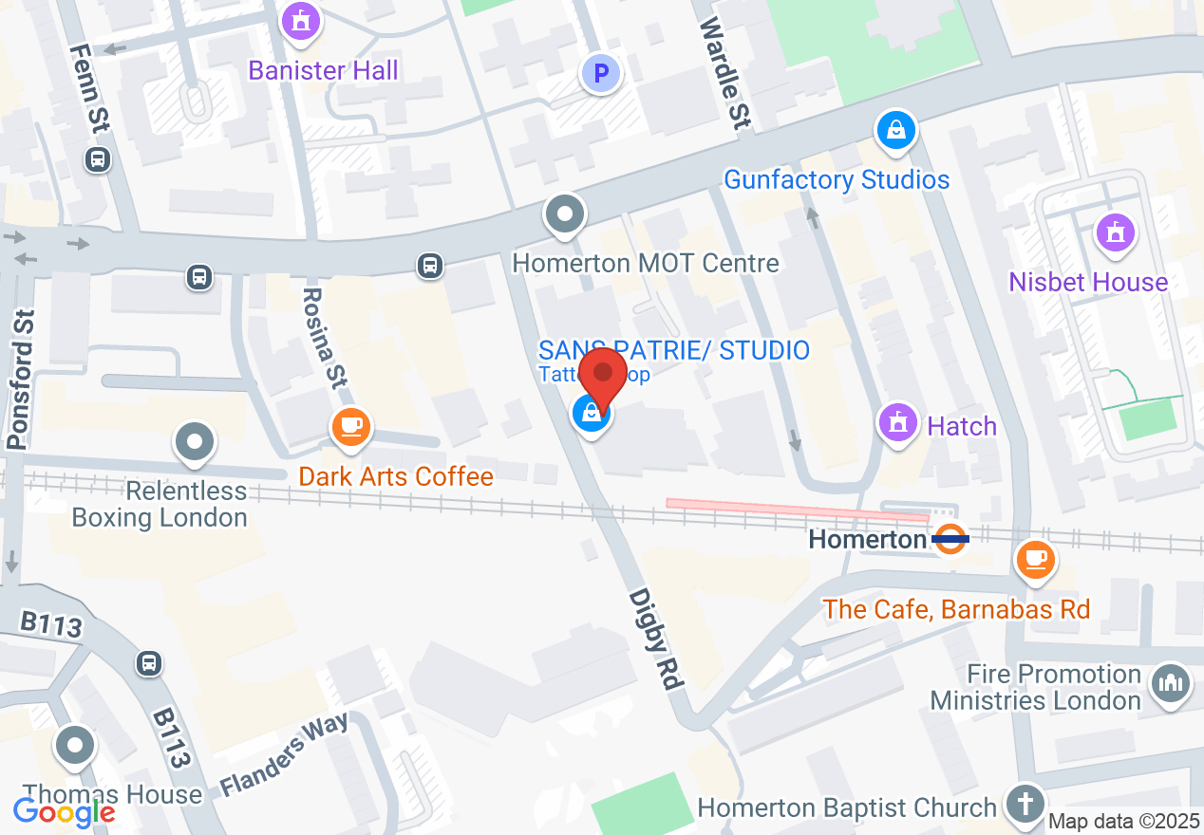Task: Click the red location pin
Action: [x=603, y=377]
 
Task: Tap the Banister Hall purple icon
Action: [x=301, y=21]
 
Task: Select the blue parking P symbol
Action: [x=600, y=72]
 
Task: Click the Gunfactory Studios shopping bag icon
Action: [x=895, y=130]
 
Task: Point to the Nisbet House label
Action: [x=1088, y=282]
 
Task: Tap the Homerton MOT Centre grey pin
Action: [x=565, y=214]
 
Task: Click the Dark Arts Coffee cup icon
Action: [x=350, y=426]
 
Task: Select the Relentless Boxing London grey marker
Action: [x=195, y=442]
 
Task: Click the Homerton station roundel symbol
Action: [x=950, y=539]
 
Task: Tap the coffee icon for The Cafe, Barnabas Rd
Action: [x=1035, y=558]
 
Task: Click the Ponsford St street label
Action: [x=22, y=380]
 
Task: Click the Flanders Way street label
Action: [x=284, y=753]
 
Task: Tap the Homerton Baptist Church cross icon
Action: [x=1025, y=804]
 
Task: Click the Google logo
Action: [x=64, y=811]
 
